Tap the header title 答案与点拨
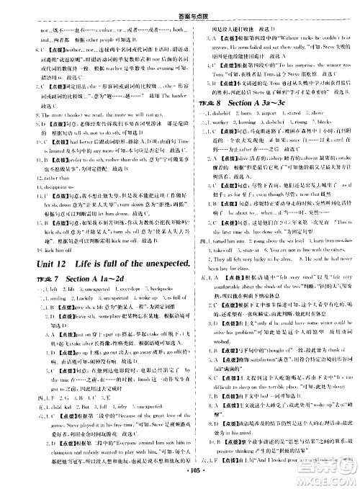point(180,6)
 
